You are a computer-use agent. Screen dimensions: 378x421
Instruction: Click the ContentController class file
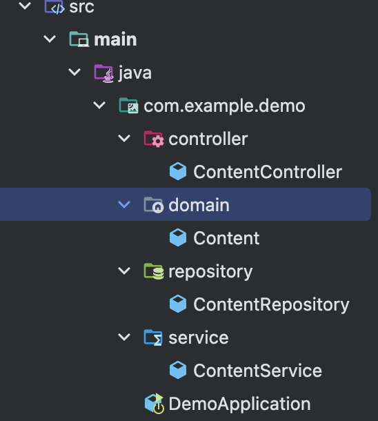coord(268,172)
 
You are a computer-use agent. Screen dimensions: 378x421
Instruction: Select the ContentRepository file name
coord(271,305)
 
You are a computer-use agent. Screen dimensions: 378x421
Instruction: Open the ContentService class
coord(257,371)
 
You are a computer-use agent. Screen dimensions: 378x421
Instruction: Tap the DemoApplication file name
coord(239,404)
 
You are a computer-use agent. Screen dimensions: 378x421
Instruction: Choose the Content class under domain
coord(226,238)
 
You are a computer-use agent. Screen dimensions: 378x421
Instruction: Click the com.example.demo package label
coord(224,106)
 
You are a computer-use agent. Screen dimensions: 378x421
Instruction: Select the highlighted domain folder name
coord(199,205)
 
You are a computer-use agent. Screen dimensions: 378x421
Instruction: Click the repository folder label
coord(210,272)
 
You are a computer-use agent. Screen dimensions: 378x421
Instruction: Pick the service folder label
coord(199,337)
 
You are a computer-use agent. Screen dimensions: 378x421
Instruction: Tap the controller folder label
coord(208,139)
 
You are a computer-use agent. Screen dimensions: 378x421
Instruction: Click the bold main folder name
coord(115,39)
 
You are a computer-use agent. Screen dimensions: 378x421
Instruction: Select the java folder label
coord(135,73)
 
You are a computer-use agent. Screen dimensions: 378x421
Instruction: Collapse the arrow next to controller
coord(124,139)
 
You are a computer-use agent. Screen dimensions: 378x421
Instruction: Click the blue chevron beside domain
coord(124,204)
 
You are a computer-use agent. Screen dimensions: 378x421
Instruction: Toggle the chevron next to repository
coord(124,271)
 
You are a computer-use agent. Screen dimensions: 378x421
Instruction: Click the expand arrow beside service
coord(124,337)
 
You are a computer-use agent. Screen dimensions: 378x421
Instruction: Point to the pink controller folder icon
coord(153,139)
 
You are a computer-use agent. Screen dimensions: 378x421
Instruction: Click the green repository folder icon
coord(153,271)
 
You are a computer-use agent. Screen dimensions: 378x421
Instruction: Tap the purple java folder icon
coord(104,73)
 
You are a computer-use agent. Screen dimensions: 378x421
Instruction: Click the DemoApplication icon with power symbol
coord(155,404)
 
